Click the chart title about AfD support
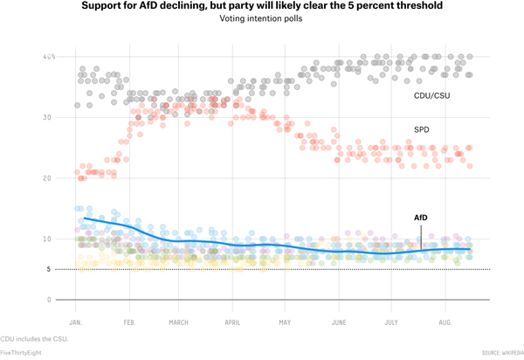click(x=261, y=6)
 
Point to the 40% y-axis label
click(x=49, y=57)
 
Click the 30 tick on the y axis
click(x=49, y=117)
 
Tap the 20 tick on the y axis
click(x=49, y=178)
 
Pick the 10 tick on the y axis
click(x=49, y=239)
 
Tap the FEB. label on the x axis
click(x=128, y=322)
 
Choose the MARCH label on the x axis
click(x=179, y=322)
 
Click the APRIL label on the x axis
click(x=232, y=322)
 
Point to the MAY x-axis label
click(x=286, y=322)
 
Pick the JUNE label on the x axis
click(x=339, y=322)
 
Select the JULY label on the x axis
click(x=392, y=322)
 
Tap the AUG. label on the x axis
click(x=445, y=322)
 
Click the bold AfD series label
click(x=421, y=217)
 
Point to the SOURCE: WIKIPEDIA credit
click(x=501, y=352)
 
